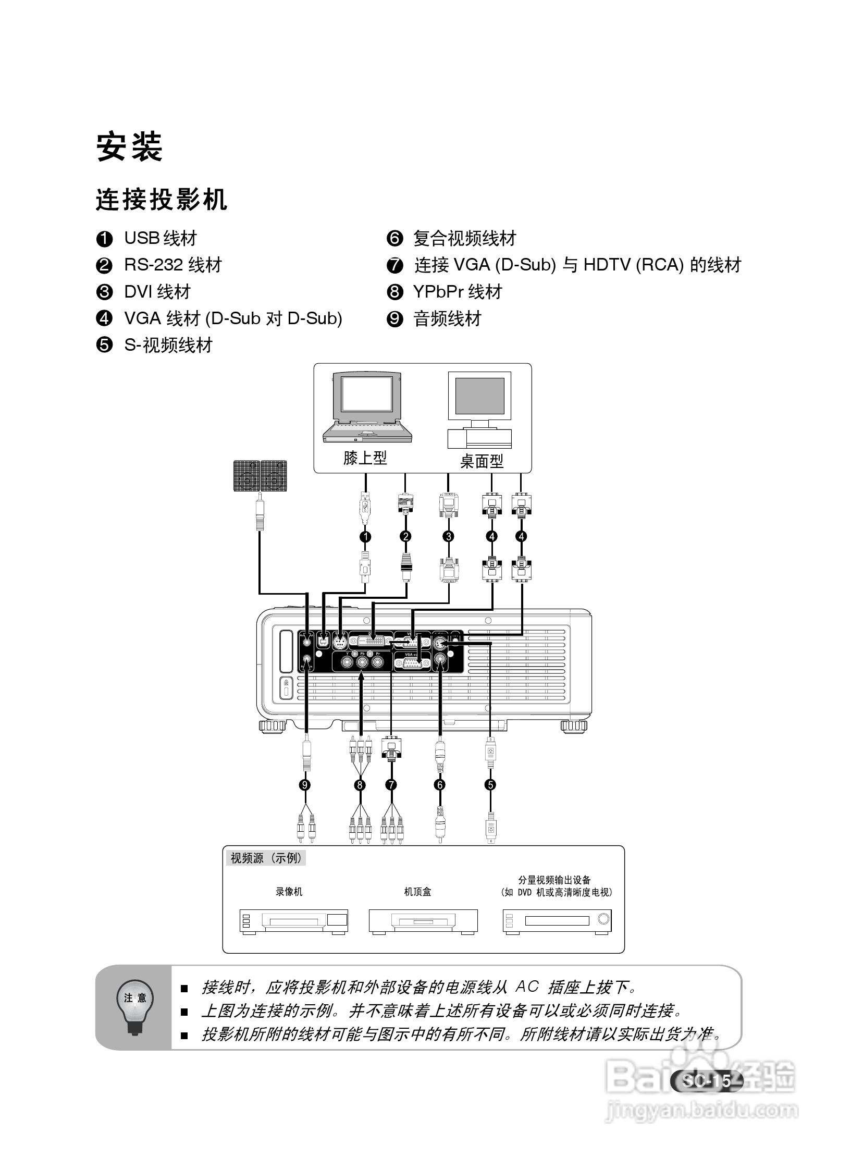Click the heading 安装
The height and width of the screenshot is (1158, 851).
point(129,147)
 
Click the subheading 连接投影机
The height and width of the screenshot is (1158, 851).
point(162,200)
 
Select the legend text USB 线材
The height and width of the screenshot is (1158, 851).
point(161,238)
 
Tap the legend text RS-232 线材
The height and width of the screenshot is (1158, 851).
point(172,265)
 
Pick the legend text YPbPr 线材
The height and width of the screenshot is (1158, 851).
point(457,292)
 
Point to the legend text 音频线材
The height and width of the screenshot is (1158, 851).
point(447,318)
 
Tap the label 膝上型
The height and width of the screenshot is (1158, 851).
point(365,458)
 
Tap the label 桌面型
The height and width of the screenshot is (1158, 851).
point(482,461)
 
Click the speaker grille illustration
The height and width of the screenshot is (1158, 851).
point(260,475)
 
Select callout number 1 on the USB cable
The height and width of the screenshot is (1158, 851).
point(365,536)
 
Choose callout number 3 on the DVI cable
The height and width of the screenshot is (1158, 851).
point(448,536)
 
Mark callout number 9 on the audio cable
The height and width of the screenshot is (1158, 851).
point(305,785)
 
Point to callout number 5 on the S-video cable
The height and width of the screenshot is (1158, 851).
point(490,785)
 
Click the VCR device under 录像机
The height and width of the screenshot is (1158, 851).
point(293,921)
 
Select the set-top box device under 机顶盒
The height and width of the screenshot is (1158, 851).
point(423,921)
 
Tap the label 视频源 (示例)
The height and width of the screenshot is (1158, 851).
point(266,858)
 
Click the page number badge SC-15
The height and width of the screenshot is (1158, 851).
point(707,1081)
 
